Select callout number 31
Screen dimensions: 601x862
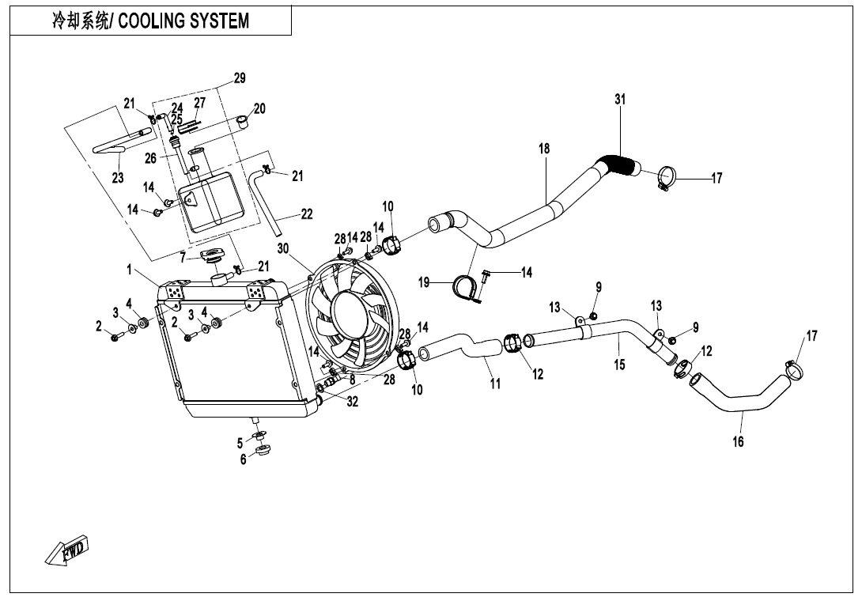[x=620, y=100]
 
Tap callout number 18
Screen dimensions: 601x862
[x=544, y=149]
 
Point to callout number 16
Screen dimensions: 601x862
[x=738, y=442]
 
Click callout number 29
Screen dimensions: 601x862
[x=240, y=78]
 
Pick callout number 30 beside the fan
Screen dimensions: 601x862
[x=283, y=248]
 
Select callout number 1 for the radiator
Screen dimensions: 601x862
[x=128, y=270]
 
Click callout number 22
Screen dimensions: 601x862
[x=307, y=214]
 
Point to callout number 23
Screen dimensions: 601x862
[x=118, y=179]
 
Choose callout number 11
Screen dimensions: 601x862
[x=495, y=384]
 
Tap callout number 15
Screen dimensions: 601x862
[x=619, y=365]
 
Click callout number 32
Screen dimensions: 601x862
[x=353, y=402]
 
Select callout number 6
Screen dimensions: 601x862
[x=244, y=460]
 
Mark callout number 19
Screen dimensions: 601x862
[x=424, y=282]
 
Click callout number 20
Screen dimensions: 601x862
[x=259, y=108]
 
